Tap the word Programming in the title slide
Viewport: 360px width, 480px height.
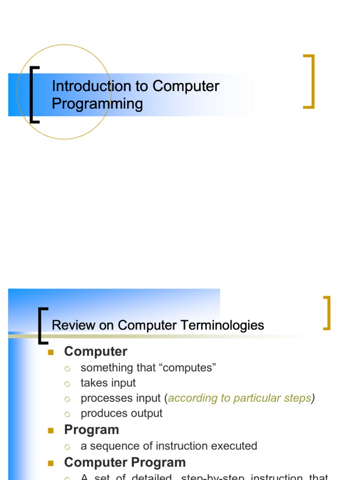[x=97, y=103]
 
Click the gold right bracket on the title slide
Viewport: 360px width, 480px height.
[x=310, y=82]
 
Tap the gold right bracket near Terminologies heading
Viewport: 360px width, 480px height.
[x=328, y=313]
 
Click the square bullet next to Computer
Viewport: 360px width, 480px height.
[x=52, y=352]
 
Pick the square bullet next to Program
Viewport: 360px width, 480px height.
[x=52, y=430]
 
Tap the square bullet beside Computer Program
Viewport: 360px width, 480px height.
[x=52, y=463]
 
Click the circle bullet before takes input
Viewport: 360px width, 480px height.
[x=67, y=383]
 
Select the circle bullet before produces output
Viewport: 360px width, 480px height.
[x=67, y=414]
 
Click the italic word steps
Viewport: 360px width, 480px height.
[x=298, y=398]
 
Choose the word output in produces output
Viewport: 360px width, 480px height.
[x=147, y=413]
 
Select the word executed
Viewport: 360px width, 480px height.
[x=237, y=446]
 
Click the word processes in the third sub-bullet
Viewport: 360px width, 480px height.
[x=101, y=398]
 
